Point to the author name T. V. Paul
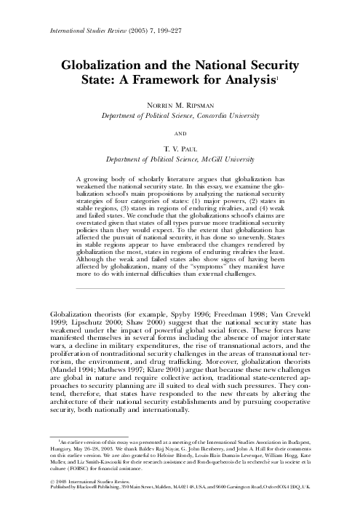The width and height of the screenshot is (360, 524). tap(180, 148)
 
